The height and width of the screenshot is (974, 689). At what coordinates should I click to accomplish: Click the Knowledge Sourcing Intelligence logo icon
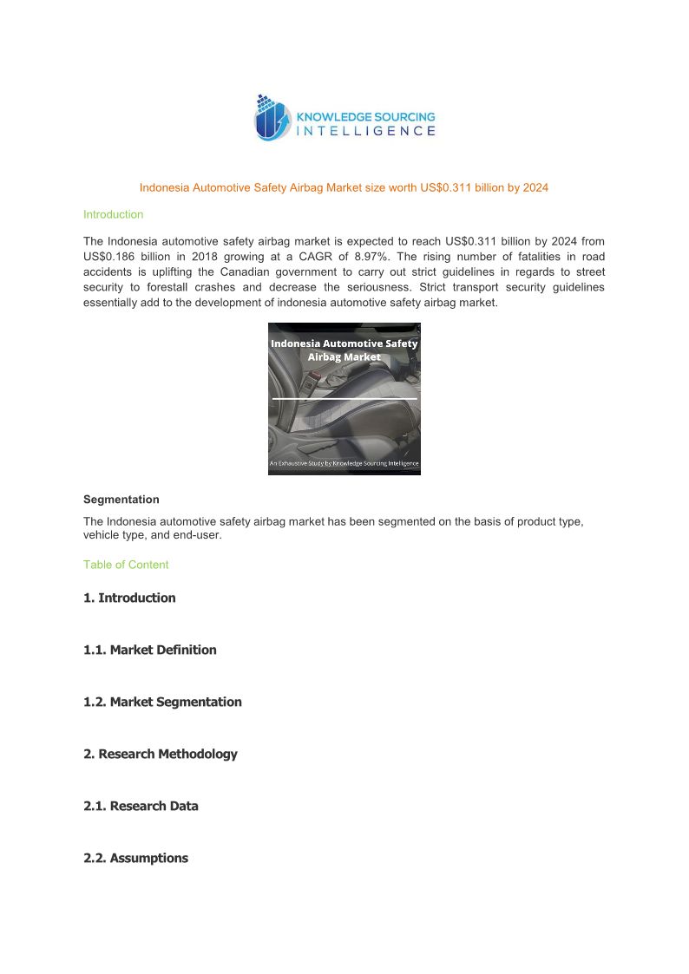point(272,118)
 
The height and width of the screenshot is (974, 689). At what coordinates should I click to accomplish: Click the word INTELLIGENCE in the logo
point(366,131)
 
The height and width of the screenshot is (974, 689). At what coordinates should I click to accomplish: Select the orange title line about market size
point(344,187)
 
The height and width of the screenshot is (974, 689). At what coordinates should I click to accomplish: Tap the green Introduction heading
point(113,214)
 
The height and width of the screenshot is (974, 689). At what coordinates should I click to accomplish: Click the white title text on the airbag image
point(344,350)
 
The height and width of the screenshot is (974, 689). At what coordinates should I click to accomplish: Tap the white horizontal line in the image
point(344,398)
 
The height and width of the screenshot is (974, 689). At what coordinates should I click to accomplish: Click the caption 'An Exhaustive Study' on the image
point(344,463)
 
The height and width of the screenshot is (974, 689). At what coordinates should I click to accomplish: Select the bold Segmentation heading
point(121,500)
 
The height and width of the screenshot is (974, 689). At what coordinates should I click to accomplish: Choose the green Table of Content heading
point(126,565)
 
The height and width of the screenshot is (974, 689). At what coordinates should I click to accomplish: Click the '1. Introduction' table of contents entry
point(129,598)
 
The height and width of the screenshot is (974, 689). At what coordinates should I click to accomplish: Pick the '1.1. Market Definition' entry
point(150,650)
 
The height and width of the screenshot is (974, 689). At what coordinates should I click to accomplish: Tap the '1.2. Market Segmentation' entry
point(162,702)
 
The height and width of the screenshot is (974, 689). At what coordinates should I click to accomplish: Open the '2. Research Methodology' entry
point(160,754)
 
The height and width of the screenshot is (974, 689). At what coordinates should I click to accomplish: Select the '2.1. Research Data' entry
point(141,806)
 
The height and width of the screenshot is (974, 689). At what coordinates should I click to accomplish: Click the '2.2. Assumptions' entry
point(135,858)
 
